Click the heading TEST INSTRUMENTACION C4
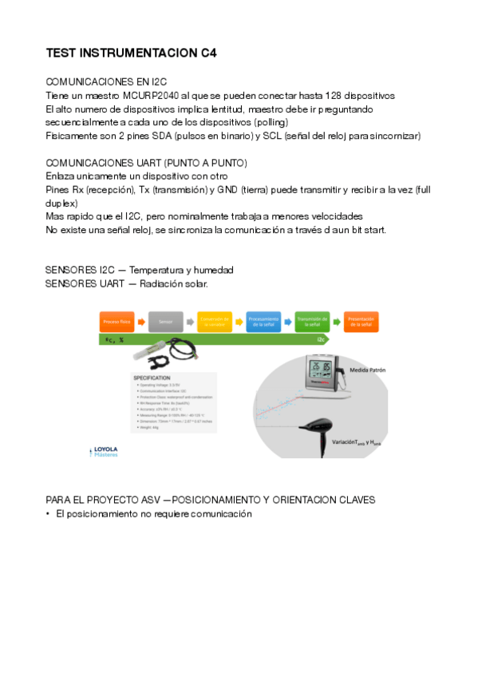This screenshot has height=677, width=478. (132, 53)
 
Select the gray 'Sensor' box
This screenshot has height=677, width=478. (165, 322)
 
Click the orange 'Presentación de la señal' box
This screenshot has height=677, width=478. (361, 322)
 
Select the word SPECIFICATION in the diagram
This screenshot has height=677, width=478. (152, 376)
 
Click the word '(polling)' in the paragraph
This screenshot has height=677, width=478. (271, 122)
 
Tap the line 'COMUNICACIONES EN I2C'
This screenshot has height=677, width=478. (106, 81)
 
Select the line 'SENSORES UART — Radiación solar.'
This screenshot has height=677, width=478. (126, 283)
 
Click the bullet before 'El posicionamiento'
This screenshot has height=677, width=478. (49, 514)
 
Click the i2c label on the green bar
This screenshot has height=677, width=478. (320, 338)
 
